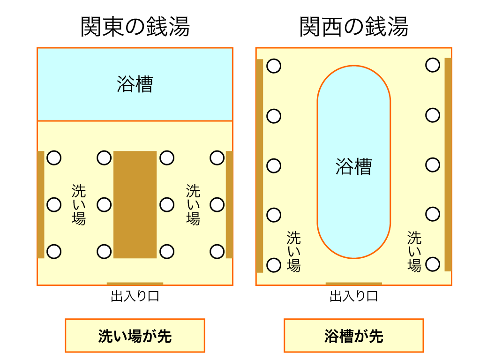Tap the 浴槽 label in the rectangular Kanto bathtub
(x=135, y=85)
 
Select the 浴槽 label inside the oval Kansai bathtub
(x=354, y=166)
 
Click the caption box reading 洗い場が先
(x=135, y=336)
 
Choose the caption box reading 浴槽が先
(x=354, y=336)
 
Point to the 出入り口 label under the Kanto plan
(x=135, y=296)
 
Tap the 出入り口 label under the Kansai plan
(x=354, y=296)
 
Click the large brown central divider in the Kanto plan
(x=135, y=204)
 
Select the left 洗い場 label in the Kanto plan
(x=79, y=204)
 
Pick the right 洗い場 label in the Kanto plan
(x=193, y=204)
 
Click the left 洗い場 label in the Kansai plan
(x=294, y=251)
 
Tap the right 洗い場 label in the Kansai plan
(x=414, y=251)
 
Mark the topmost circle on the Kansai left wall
(x=274, y=66)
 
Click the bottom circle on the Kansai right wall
(x=433, y=264)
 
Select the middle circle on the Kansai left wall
(x=274, y=165)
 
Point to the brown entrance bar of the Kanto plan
(x=135, y=284)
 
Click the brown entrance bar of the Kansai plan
(x=354, y=284)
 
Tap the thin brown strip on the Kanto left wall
(x=41, y=204)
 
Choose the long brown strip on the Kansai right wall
(x=448, y=165)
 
